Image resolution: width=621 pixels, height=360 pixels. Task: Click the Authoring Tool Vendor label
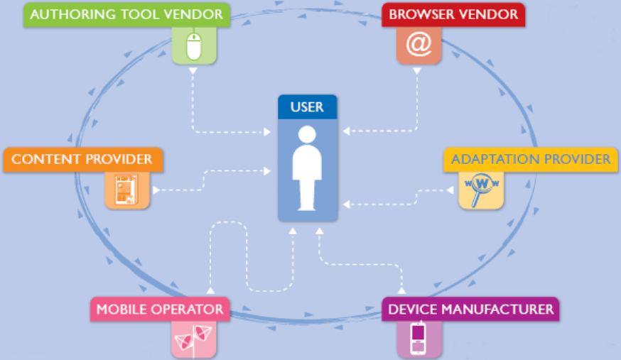coord(126,15)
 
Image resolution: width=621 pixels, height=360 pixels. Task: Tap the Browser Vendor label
coord(453,15)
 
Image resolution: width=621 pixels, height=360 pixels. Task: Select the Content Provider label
coord(82,159)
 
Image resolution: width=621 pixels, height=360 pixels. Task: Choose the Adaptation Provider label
coord(530,159)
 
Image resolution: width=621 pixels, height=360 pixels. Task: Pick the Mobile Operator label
coord(160,310)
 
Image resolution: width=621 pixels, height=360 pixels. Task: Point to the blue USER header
coord(307,107)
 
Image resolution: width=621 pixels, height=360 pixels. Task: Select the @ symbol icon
coord(418,45)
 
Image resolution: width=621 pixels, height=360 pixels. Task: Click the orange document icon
coord(126,190)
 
